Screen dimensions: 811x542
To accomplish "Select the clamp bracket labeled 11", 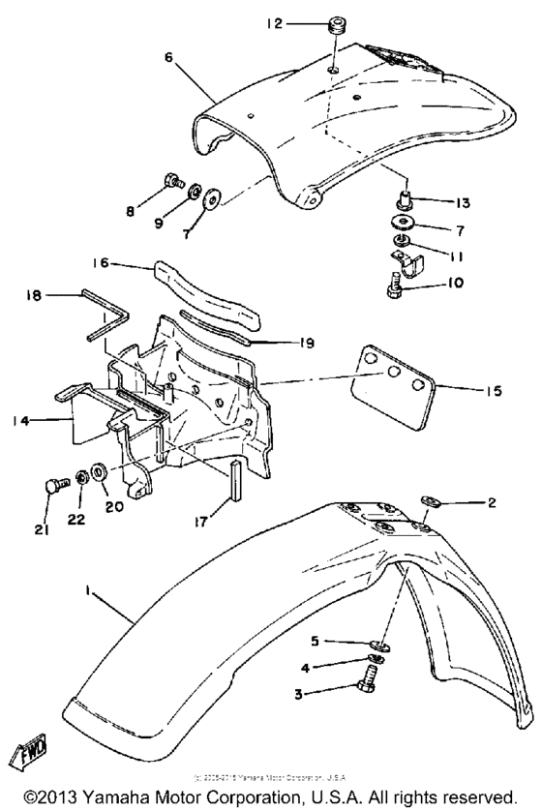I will click(x=405, y=260).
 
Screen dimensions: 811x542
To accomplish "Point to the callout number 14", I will click(x=46, y=421).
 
